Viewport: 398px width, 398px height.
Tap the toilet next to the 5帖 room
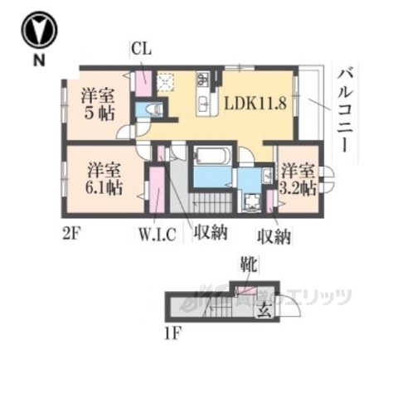(x=154, y=109)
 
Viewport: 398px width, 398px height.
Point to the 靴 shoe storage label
(x=250, y=265)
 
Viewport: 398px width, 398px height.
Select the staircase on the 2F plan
(x=212, y=203)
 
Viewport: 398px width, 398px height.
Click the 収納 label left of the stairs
(x=211, y=233)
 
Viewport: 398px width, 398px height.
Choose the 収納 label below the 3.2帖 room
(x=274, y=237)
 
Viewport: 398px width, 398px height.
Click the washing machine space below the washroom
(x=251, y=201)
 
